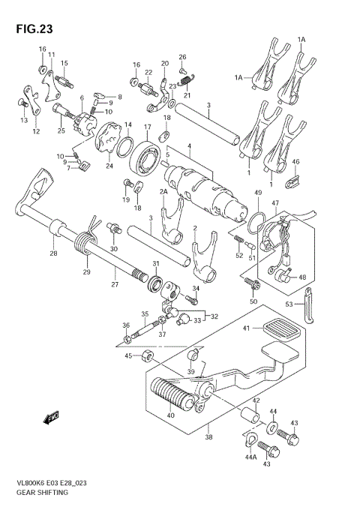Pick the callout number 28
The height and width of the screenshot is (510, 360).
pos(53,254)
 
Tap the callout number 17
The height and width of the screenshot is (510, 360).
pos(148,127)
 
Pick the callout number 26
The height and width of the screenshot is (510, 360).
pos(182,57)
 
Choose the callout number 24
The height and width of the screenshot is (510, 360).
pos(110,166)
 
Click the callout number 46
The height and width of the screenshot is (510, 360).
pos(295,162)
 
